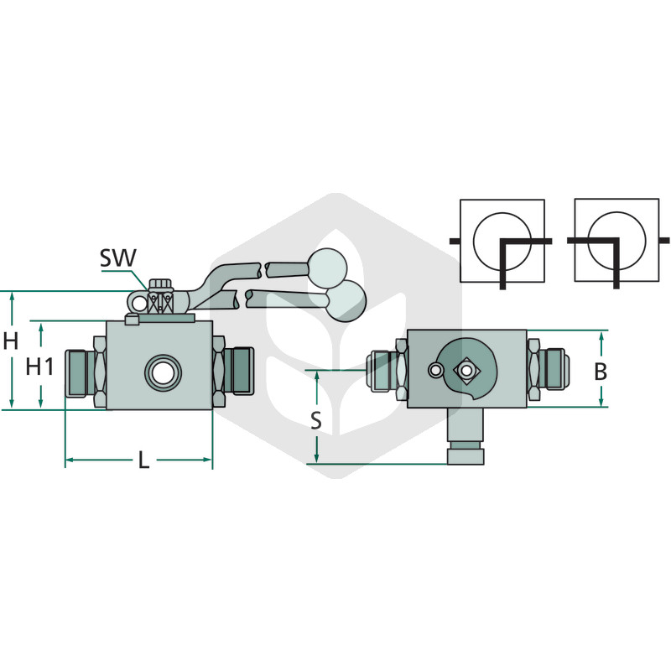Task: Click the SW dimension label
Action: point(117,257)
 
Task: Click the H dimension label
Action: point(11,341)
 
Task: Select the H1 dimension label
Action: point(39,367)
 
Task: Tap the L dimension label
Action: point(143,460)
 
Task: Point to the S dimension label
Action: point(316,420)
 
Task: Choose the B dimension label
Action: point(601,372)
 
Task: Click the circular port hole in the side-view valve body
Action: point(163,372)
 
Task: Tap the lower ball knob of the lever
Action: point(347,301)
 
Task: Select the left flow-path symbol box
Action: point(502,241)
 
